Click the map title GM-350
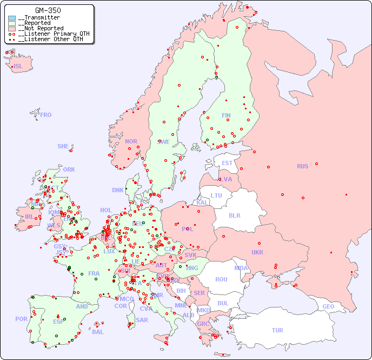pos(48,10)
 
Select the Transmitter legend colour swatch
pos(12,18)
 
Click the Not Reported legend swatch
pos(12,28)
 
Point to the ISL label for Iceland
pos(18,67)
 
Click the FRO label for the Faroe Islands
pos(46,115)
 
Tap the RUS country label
pos(302,166)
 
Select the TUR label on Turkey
pos(277,330)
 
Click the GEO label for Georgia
pos(328,306)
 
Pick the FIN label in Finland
pos(226,115)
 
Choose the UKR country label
pos(257,252)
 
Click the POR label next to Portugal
pos(21,319)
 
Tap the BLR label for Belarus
pos(235,215)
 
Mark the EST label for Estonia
pos(227,163)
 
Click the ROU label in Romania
pos(221,279)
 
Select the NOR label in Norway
pos(131,141)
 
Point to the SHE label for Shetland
pos(63,146)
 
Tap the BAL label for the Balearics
pos(98,332)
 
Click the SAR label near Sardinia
pos(142,319)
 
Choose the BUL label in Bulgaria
pos(223,303)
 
